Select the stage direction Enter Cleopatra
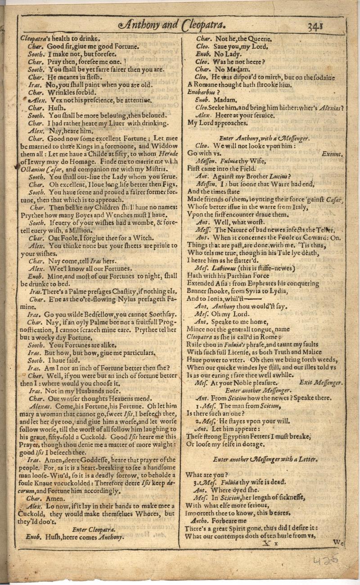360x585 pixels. pyautogui.click(x=94, y=529)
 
